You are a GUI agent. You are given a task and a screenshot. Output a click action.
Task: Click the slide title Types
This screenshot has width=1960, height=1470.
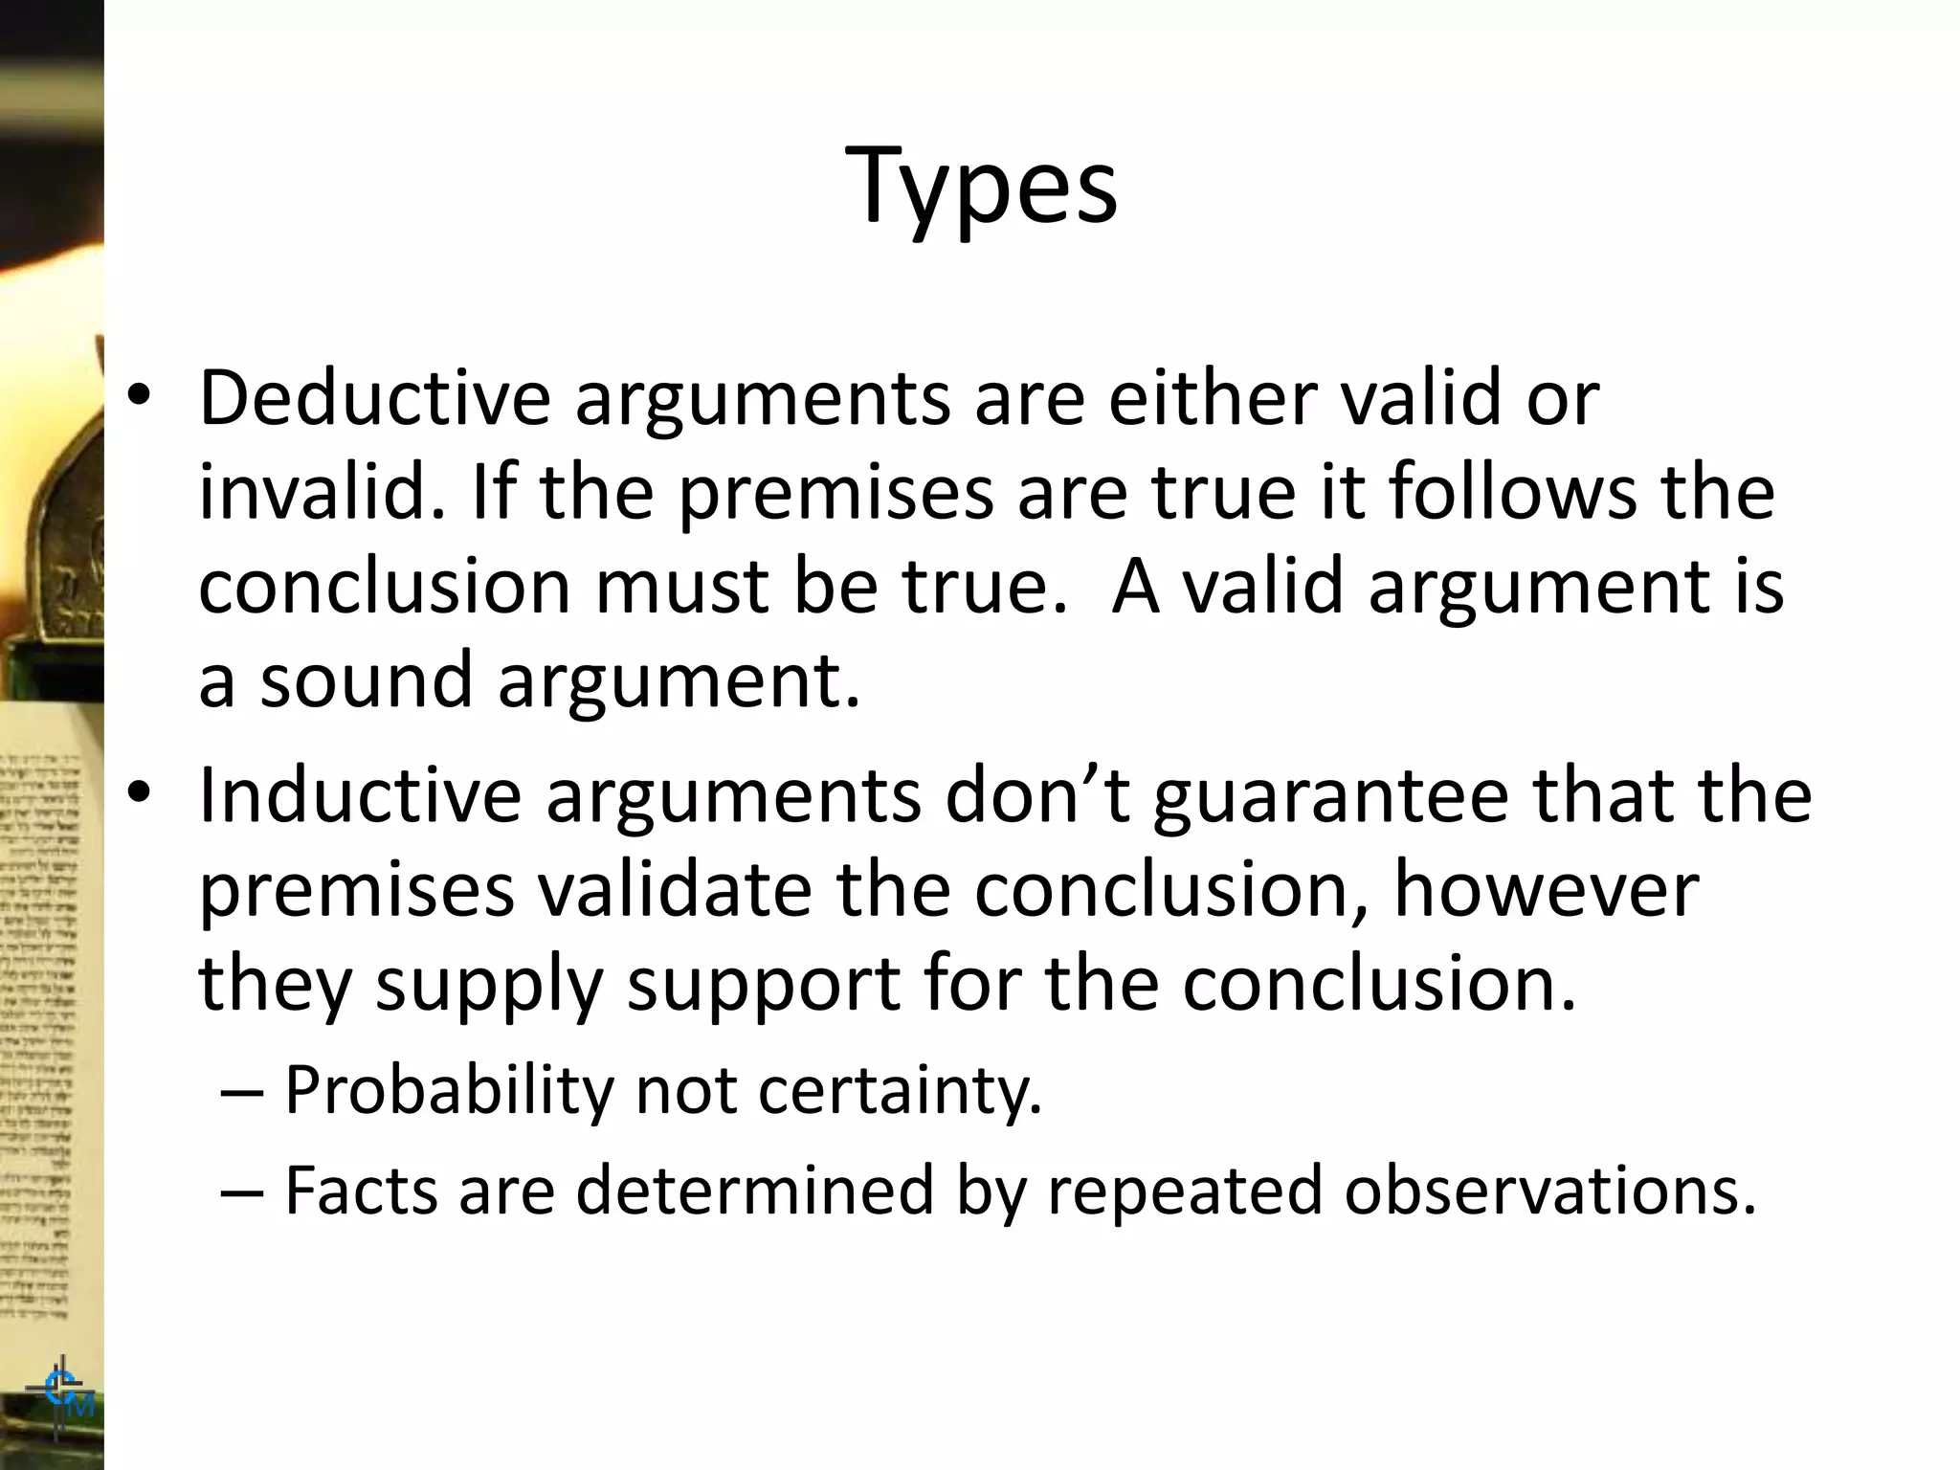pos(981,186)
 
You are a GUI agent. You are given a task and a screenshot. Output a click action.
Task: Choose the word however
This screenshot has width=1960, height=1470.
pos(1546,889)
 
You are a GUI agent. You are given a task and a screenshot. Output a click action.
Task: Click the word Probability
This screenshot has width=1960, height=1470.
pos(449,1090)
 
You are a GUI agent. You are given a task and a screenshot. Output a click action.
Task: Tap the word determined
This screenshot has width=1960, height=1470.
pos(754,1191)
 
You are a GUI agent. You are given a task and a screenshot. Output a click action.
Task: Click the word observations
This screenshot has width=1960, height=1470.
pos(1549,1191)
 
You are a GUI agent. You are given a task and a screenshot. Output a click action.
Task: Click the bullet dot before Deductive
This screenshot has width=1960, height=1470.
pos(140,398)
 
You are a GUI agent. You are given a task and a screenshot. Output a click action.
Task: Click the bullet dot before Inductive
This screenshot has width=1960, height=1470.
pos(140,796)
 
